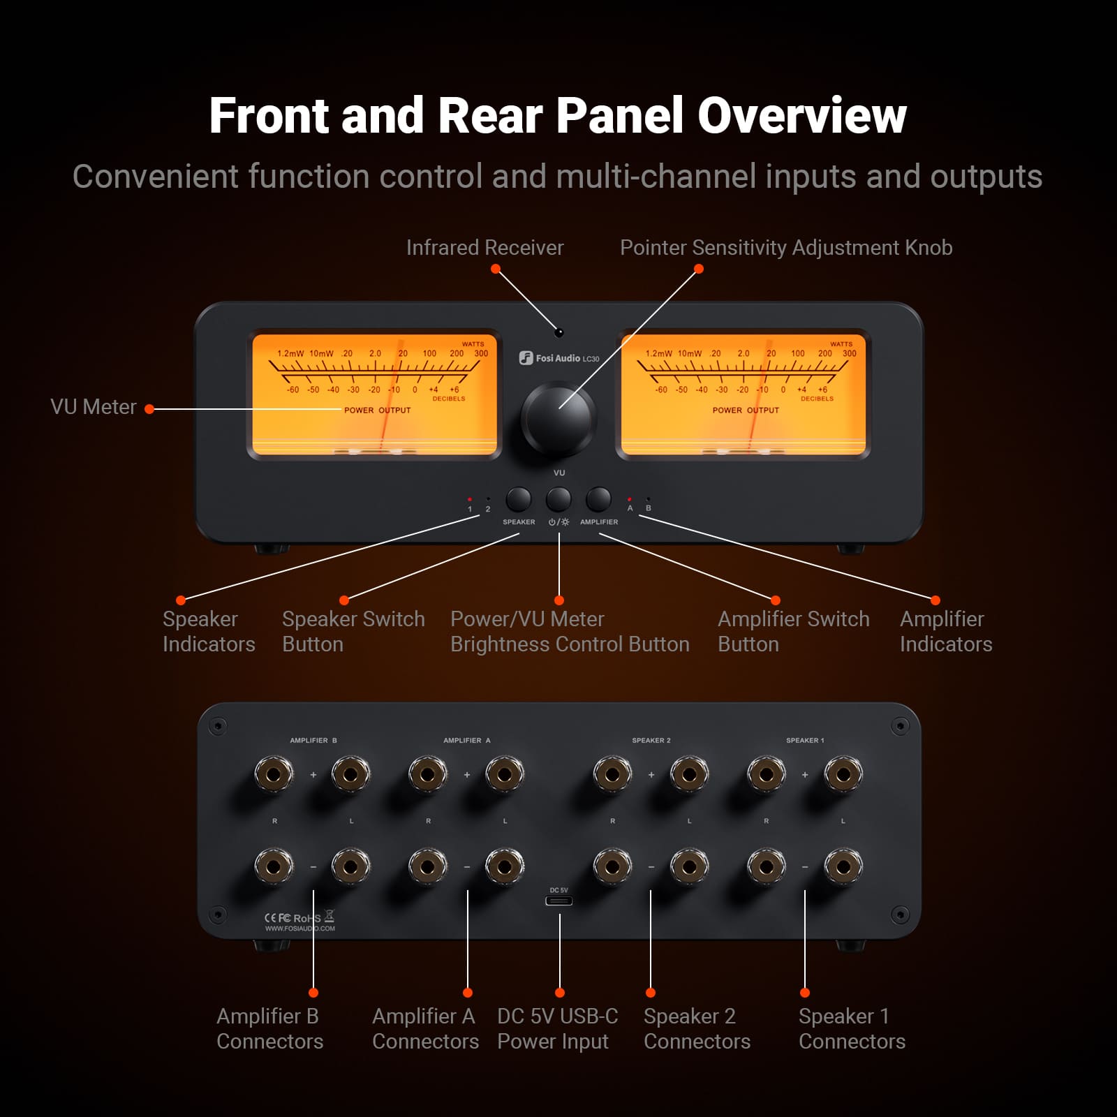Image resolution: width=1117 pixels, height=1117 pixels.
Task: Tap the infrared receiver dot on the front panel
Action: point(558,332)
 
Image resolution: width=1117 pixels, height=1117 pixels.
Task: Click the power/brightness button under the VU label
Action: point(558,499)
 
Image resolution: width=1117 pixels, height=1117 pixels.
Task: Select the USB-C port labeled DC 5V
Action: point(558,901)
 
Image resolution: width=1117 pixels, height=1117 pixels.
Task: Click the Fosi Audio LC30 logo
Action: point(559,358)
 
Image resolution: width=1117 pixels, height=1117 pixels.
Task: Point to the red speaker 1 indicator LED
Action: point(470,499)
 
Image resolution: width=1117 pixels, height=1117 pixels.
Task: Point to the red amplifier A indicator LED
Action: point(630,499)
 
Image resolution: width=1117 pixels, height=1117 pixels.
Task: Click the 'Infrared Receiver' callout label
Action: point(484,248)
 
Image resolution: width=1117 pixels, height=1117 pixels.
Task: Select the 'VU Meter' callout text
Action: point(94,407)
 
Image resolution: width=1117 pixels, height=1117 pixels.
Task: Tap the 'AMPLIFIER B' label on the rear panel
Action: point(313,740)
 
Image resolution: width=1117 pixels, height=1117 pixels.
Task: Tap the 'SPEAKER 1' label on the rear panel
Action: point(805,740)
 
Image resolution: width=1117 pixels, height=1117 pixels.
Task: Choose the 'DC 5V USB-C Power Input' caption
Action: point(556,1028)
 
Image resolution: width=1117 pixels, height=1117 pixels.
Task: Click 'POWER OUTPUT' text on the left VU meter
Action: point(377,410)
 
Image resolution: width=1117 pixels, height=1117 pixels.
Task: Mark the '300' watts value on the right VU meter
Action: point(849,353)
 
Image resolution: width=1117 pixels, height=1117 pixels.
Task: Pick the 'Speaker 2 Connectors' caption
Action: point(696,1028)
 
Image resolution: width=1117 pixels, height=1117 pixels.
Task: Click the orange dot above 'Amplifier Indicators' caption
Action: point(935,600)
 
